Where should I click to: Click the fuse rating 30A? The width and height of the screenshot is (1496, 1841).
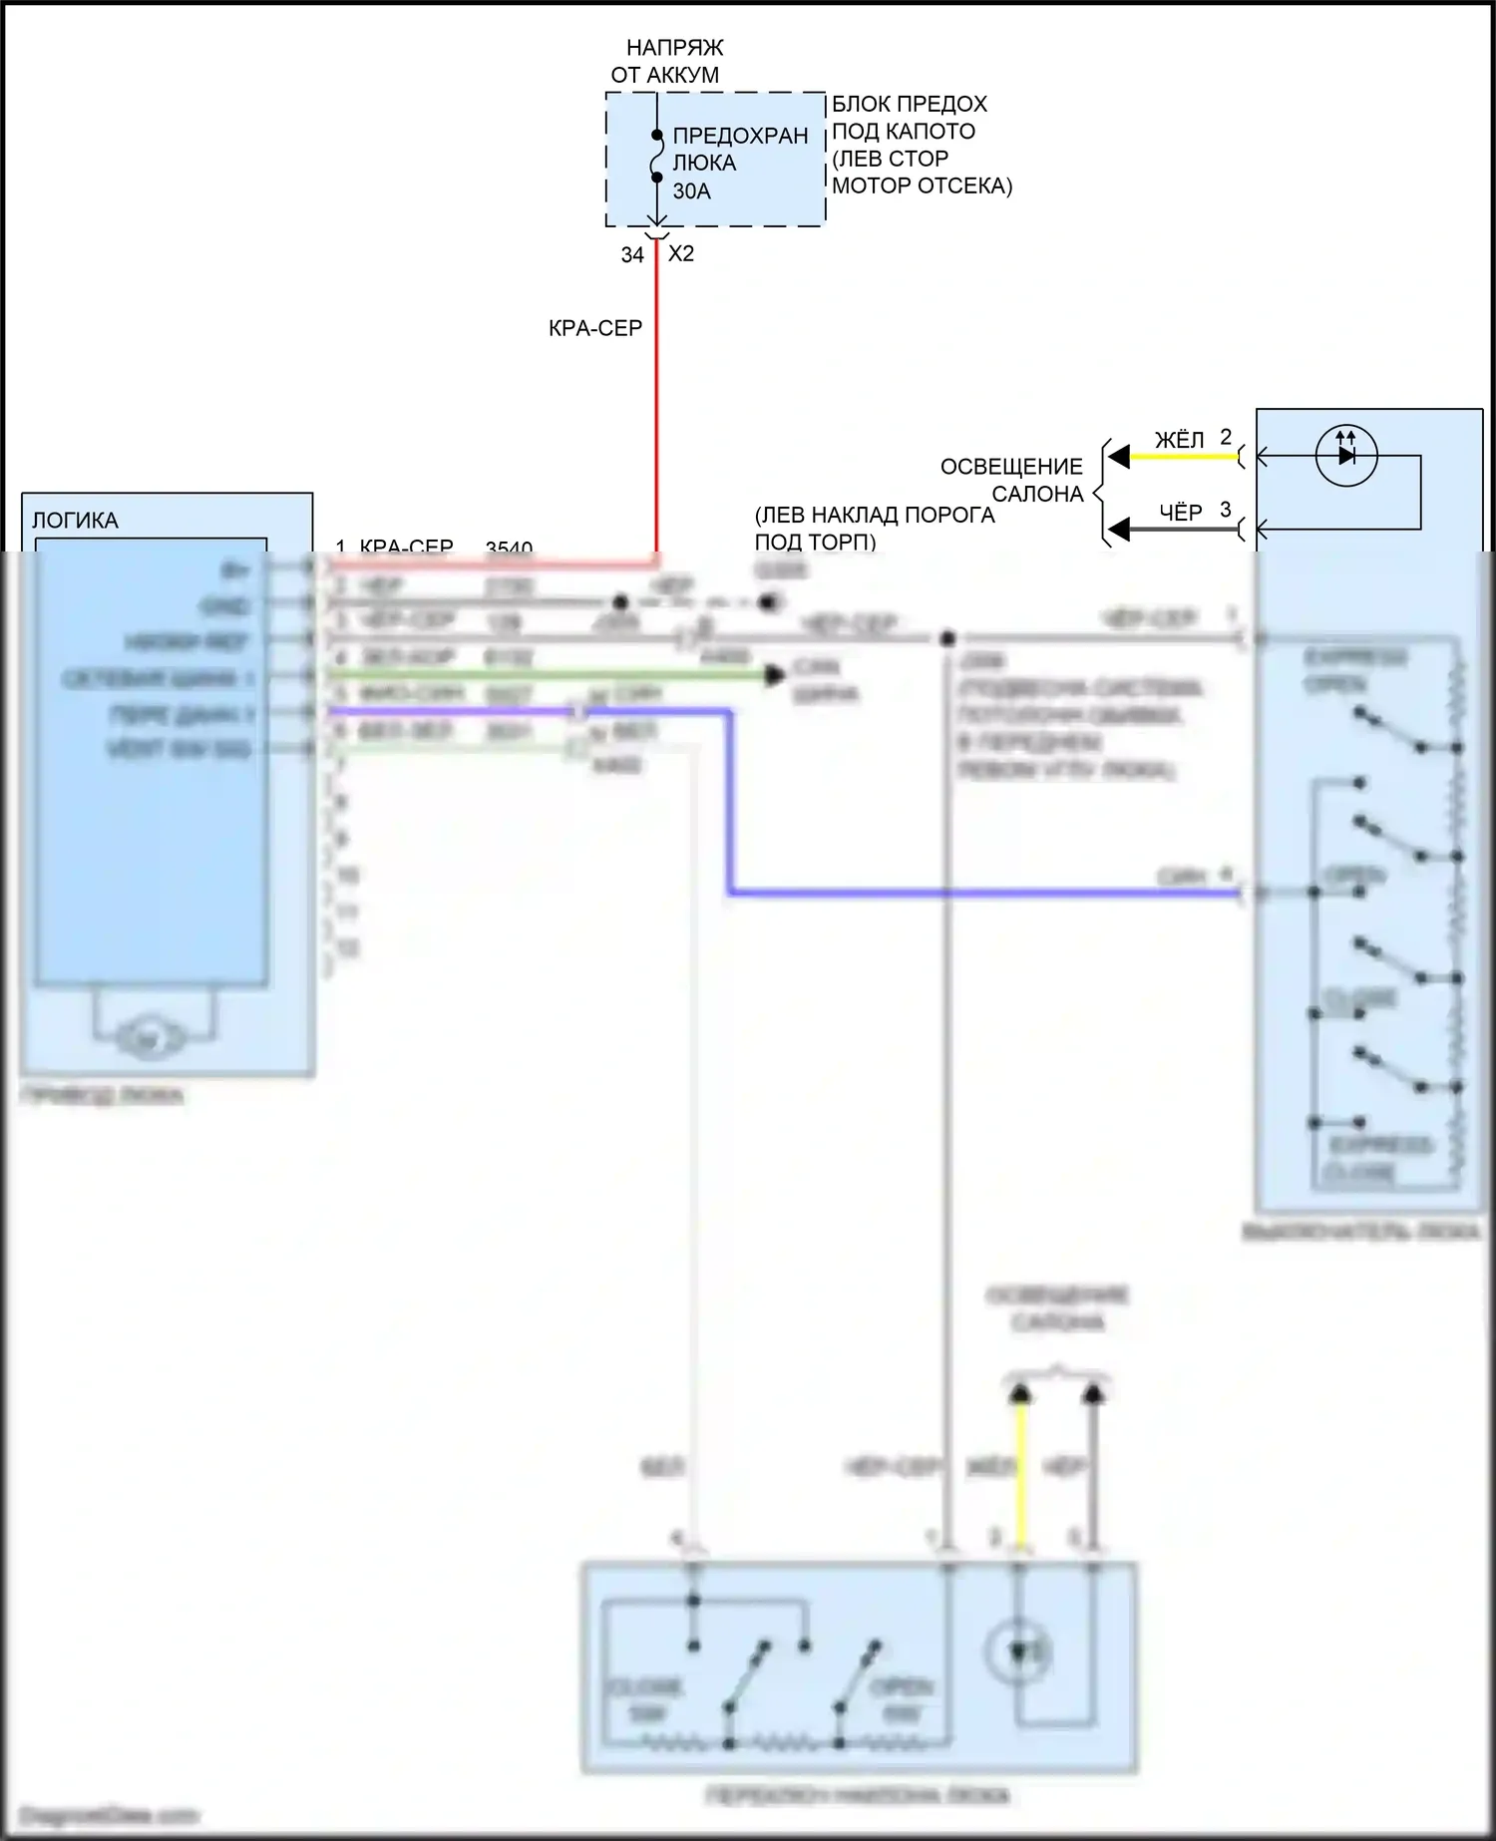click(x=691, y=191)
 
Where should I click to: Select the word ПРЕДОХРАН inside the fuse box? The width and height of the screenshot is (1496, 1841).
click(x=740, y=137)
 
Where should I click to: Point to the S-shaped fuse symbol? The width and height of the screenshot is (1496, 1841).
click(x=656, y=157)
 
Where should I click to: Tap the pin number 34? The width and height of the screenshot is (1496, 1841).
click(x=632, y=255)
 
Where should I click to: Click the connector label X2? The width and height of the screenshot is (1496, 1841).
click(x=681, y=254)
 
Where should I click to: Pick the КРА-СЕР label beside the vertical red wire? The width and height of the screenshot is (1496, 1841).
click(x=594, y=328)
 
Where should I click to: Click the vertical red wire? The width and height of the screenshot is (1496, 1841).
click(x=656, y=399)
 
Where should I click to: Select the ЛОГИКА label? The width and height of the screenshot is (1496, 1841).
click(x=75, y=521)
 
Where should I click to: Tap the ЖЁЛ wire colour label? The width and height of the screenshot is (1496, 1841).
click(x=1179, y=440)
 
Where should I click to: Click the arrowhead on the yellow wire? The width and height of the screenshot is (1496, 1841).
click(x=1119, y=457)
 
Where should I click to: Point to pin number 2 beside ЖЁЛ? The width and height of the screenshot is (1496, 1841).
click(x=1226, y=437)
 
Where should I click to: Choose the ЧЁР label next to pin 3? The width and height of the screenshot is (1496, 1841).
click(x=1180, y=513)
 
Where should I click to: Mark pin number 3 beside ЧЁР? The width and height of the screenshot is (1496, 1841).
click(x=1226, y=510)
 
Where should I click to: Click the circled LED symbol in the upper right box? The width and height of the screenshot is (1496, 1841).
click(x=1346, y=456)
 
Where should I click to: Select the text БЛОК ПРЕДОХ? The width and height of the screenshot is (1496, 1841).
click(x=909, y=105)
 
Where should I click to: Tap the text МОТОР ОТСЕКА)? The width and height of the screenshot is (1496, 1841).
click(x=922, y=185)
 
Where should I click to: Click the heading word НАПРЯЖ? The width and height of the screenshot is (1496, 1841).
click(x=674, y=48)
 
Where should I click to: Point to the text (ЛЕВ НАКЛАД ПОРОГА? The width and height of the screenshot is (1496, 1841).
click(x=875, y=516)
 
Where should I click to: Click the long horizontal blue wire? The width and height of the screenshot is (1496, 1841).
click(x=987, y=892)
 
